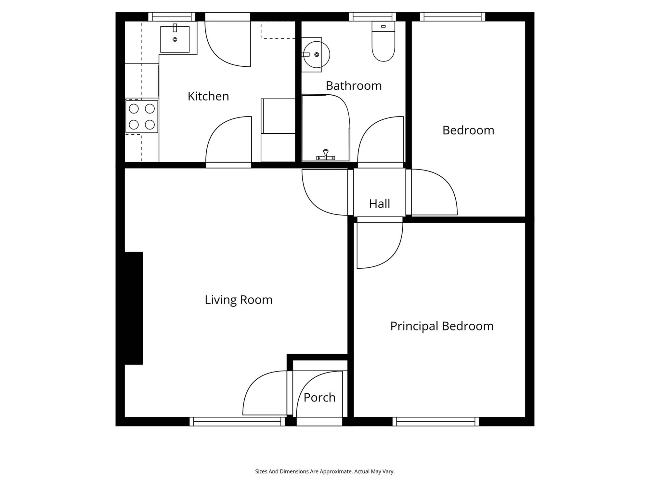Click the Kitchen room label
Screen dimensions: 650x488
click(x=208, y=96)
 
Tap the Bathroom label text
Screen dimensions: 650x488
click(x=354, y=86)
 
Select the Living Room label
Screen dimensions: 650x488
click(x=239, y=300)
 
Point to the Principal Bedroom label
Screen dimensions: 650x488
click(x=442, y=326)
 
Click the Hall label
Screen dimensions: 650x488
click(x=379, y=204)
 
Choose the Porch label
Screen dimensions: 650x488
click(x=319, y=398)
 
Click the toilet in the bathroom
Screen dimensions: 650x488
click(x=383, y=41)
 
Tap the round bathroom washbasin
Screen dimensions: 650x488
click(x=316, y=55)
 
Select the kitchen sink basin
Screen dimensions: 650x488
click(x=175, y=39)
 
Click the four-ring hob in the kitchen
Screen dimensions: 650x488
click(x=142, y=116)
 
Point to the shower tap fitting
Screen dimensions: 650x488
click(x=326, y=155)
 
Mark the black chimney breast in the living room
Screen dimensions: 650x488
click(x=134, y=308)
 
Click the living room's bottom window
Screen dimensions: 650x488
click(x=237, y=422)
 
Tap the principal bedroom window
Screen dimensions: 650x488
click(x=436, y=422)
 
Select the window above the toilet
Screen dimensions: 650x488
click(x=372, y=17)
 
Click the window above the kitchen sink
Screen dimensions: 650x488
click(x=172, y=17)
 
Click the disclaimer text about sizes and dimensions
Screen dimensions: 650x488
click(x=325, y=471)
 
